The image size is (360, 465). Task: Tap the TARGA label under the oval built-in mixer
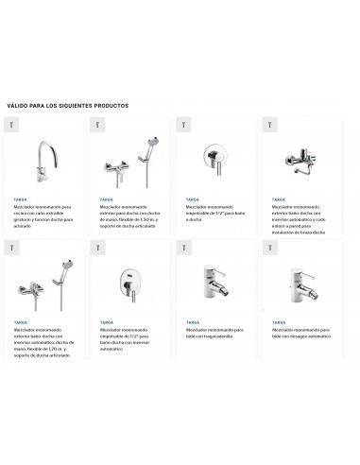(107, 323)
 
